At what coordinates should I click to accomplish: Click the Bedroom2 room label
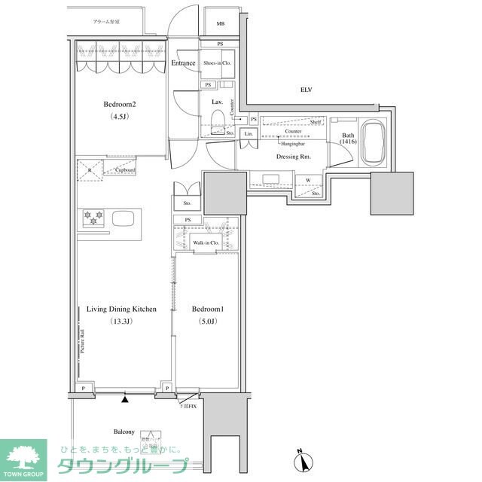point(119,105)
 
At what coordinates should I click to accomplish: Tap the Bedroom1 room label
point(206,310)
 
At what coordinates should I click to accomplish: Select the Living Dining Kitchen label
point(121,310)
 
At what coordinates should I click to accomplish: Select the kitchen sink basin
point(123,218)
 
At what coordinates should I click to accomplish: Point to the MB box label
point(220,24)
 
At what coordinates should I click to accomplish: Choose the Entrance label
point(184,63)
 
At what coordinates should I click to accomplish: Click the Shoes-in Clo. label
point(216,63)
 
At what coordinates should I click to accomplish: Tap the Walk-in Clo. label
point(206,243)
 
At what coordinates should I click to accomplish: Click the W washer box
point(308,180)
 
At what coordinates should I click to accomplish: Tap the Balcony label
point(124,432)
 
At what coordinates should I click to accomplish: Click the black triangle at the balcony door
point(126,399)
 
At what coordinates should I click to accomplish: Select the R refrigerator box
point(90,170)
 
